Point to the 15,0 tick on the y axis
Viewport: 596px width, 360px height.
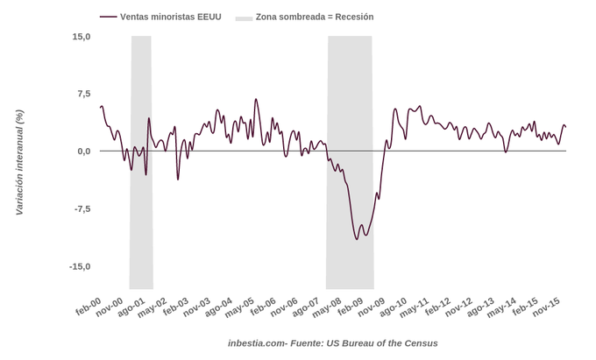coord(81,36)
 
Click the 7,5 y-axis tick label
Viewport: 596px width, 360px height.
coord(83,94)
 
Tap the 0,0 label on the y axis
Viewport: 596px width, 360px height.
coord(83,151)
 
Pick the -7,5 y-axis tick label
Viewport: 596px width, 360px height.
coord(82,208)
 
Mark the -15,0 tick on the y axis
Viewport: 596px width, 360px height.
coord(80,266)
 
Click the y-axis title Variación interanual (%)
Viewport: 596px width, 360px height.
coord(19,162)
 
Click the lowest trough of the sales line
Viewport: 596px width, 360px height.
coord(357,239)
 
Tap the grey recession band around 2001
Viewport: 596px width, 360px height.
coord(141,219)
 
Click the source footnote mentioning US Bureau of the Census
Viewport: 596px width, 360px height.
coord(332,343)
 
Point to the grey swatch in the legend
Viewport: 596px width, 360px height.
coord(244,17)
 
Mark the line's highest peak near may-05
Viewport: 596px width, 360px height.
coord(256,99)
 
